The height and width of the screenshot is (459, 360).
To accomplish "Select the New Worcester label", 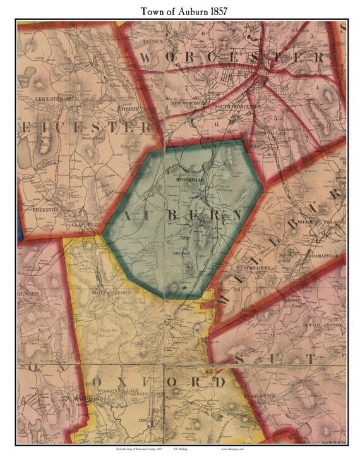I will [188, 102].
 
